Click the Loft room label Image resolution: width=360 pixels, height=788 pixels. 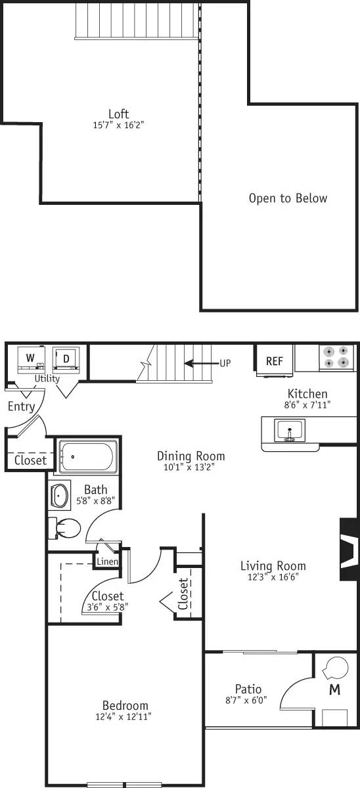click(x=118, y=113)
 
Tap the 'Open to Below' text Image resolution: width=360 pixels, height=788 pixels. click(x=288, y=198)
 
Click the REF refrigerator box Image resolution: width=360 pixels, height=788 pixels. click(x=274, y=361)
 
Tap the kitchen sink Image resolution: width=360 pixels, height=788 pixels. click(x=288, y=431)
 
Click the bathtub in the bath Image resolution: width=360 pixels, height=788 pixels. click(x=87, y=456)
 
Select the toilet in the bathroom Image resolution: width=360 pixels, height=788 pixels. click(x=65, y=528)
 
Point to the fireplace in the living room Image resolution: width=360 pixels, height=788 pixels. click(x=349, y=549)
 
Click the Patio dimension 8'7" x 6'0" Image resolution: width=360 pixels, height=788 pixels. click(x=248, y=701)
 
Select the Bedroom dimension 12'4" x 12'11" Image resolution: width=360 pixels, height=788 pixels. click(x=124, y=717)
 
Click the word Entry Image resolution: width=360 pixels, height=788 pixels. click(x=22, y=406)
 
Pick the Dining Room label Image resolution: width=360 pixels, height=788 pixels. click(x=191, y=456)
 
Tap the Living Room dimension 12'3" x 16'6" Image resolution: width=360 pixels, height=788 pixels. click(x=273, y=578)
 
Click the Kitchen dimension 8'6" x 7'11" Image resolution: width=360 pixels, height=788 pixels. click(x=307, y=406)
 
